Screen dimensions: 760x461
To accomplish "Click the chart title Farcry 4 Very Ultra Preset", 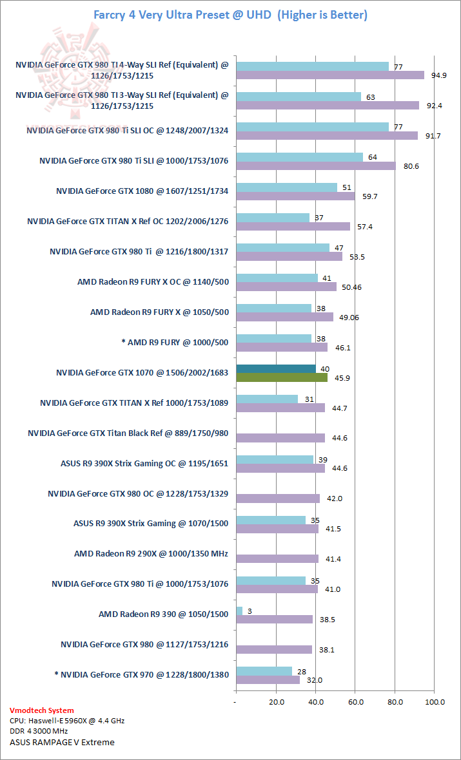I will click(x=230, y=14).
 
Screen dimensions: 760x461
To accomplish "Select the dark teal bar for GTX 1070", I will click(x=276, y=368).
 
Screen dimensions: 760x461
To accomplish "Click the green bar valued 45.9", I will click(x=282, y=377).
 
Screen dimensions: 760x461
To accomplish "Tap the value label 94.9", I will click(x=440, y=75).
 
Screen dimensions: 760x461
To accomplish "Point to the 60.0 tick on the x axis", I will click(x=355, y=701).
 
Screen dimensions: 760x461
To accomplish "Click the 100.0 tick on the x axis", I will click(x=434, y=701).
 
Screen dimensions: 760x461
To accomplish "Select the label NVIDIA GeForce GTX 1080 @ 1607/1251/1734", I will click(x=142, y=191).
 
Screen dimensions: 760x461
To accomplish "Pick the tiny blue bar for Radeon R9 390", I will click(x=239, y=610).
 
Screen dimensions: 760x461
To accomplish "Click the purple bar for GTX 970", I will click(x=268, y=679).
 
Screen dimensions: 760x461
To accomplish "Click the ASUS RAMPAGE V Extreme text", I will click(x=62, y=742).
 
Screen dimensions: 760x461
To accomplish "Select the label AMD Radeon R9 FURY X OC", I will click(x=153, y=281).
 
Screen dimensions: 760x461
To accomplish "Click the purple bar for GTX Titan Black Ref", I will click(x=280, y=438).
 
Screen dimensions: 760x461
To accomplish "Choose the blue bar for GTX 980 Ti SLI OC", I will click(x=313, y=127).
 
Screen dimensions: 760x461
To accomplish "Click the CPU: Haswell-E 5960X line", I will click(x=67, y=721).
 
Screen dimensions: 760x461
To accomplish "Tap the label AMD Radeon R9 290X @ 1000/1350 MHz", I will click(x=151, y=553).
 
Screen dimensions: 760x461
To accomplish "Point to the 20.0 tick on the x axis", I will click(x=276, y=701).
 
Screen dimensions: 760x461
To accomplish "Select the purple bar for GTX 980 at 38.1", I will click(x=274, y=649).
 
